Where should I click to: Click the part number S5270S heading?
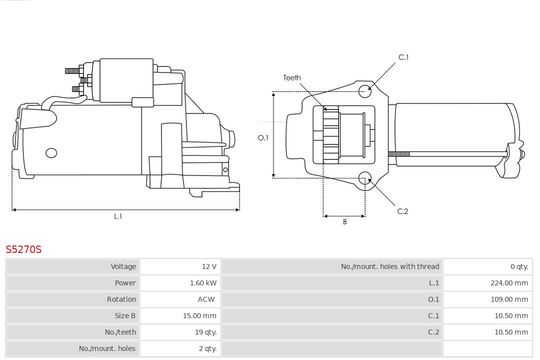click(x=23, y=249)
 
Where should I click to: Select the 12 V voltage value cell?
click(x=209, y=266)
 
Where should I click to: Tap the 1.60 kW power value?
click(x=203, y=283)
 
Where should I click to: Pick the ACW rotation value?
click(x=206, y=299)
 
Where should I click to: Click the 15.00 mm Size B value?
click(x=199, y=315)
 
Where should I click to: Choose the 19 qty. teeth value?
click(x=205, y=332)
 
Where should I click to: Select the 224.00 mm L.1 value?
click(x=509, y=283)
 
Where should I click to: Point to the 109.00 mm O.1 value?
click(x=509, y=299)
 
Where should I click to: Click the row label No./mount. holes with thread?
click(x=390, y=266)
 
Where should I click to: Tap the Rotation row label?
click(x=121, y=299)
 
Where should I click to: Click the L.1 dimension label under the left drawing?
click(x=118, y=216)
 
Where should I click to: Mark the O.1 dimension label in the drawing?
click(x=263, y=138)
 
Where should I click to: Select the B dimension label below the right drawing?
click(x=344, y=222)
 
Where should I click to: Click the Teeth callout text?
click(x=292, y=78)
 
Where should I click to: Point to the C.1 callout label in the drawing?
click(x=403, y=57)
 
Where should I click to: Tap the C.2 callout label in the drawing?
click(x=402, y=211)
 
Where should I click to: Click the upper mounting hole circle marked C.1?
click(x=365, y=90)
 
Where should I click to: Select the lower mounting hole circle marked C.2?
click(x=365, y=178)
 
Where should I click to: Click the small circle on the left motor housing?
click(x=51, y=153)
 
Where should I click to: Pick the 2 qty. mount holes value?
click(x=207, y=348)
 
